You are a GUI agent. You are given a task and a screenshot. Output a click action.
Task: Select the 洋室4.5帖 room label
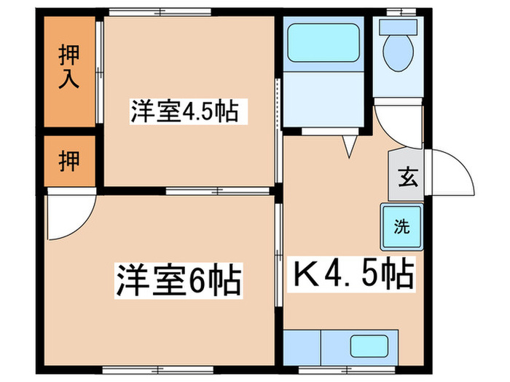(184, 113)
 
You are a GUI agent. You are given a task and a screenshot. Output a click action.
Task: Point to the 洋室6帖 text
(177, 278)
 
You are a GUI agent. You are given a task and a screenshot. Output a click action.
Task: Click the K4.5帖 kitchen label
(353, 274)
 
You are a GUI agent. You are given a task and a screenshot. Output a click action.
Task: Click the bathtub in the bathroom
(323, 44)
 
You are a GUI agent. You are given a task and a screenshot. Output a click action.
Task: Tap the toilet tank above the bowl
(399, 25)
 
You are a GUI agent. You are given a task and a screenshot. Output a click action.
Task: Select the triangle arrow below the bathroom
(348, 148)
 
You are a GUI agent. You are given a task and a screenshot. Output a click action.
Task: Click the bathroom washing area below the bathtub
(323, 99)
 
